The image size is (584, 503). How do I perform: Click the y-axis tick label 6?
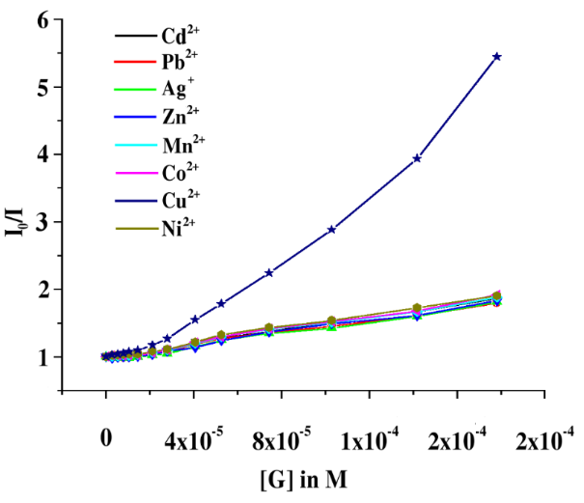[43, 19]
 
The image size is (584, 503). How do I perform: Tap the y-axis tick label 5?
[43, 87]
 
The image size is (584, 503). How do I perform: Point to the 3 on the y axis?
[43, 221]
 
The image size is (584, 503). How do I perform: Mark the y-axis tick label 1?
[43, 356]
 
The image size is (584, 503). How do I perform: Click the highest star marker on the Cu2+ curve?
[497, 56]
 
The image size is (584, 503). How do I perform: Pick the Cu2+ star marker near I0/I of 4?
[417, 158]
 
